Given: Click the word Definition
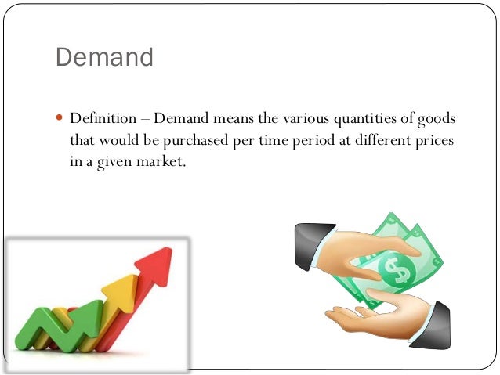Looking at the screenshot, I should coord(102,120).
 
